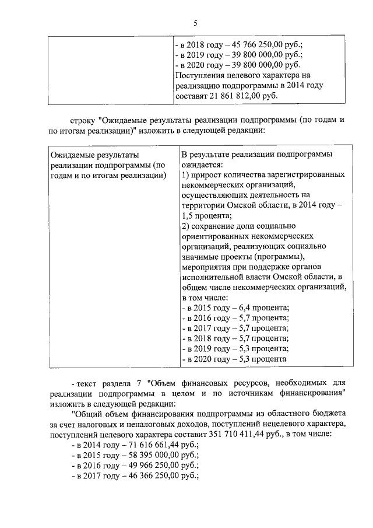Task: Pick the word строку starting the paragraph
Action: (x=82, y=120)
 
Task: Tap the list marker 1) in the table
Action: (x=185, y=176)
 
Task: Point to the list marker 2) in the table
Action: (x=185, y=226)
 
